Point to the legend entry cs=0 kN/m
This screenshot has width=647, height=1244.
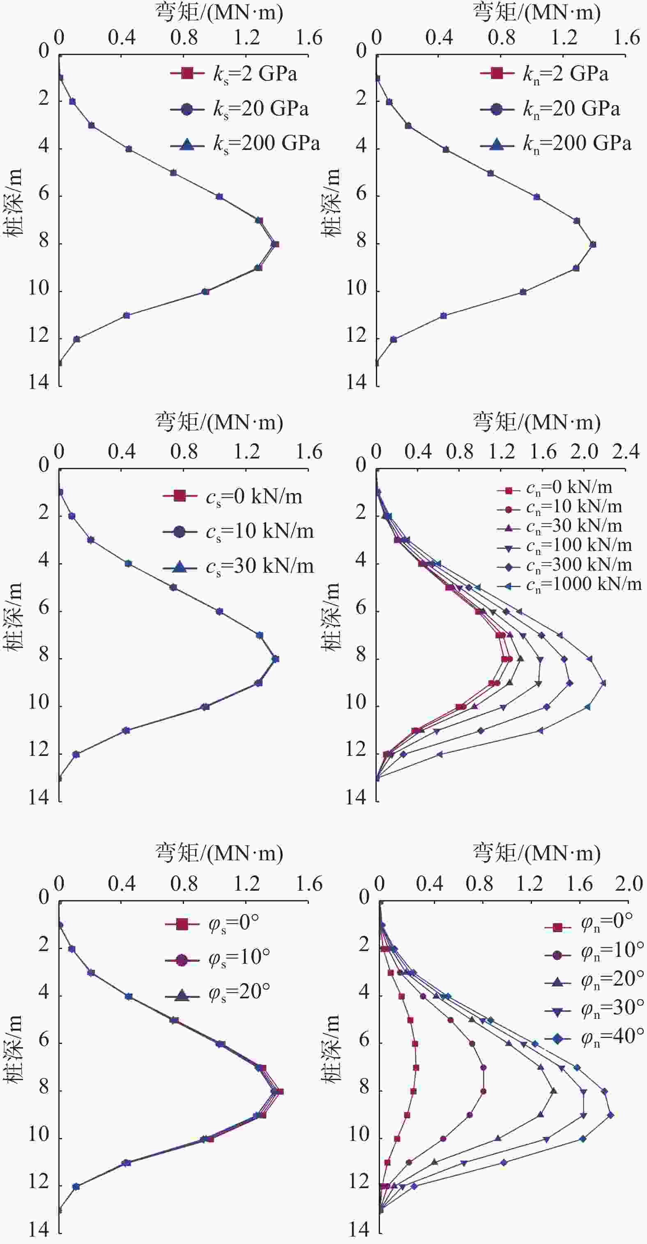[x=234, y=496]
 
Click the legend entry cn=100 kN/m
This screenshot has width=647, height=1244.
[x=565, y=546]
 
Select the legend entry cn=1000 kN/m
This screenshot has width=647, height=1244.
[x=570, y=584]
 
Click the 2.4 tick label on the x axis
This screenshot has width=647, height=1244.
[x=626, y=452]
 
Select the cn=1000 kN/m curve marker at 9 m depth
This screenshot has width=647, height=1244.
[x=603, y=683]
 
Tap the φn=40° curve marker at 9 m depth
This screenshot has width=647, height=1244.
[x=610, y=1115]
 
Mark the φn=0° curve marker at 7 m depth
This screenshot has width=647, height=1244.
[x=416, y=1067]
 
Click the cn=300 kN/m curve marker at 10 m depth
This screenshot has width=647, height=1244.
[x=547, y=707]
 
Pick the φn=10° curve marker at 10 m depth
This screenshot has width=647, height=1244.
[x=443, y=1139]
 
